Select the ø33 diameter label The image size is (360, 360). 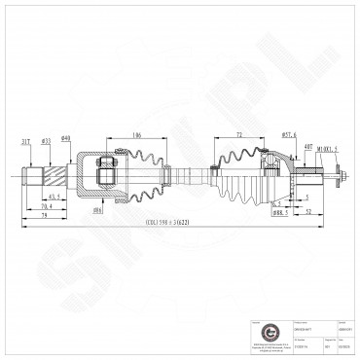[x=46, y=140]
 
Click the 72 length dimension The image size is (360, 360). [x=238, y=134]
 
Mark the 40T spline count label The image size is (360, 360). [x=307, y=147]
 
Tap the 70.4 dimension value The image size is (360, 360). [x=46, y=205]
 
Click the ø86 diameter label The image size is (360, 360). [x=97, y=208]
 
